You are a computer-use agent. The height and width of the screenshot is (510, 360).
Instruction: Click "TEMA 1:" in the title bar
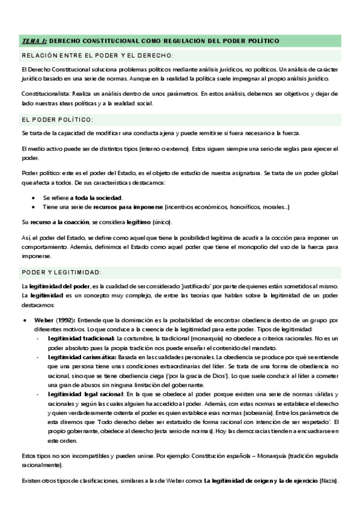click(34, 41)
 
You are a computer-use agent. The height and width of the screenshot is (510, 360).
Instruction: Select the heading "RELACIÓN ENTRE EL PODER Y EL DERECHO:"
click(97, 56)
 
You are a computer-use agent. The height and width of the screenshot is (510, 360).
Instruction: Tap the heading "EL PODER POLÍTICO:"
click(57, 120)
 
